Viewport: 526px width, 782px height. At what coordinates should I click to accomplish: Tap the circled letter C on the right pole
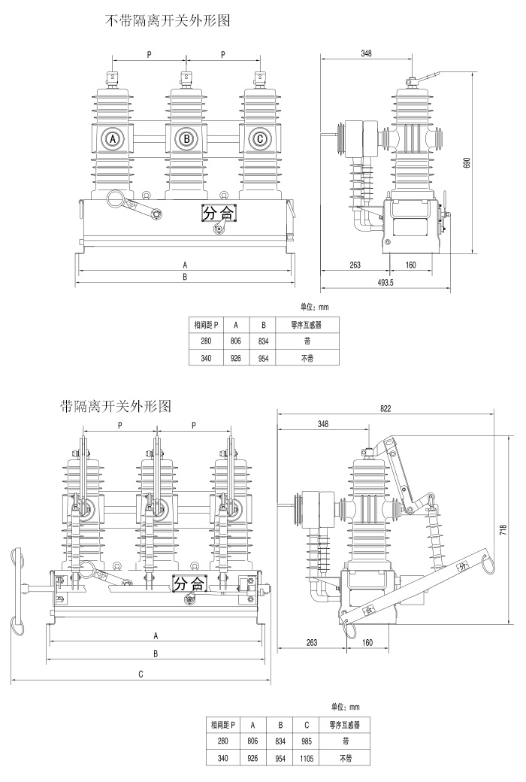259,139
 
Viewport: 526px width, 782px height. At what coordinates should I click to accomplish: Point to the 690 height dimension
466,162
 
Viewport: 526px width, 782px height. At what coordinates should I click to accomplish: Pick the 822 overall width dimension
386,408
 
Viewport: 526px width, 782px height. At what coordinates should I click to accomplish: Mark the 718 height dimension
502,529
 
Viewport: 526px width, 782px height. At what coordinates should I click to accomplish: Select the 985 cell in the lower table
307,741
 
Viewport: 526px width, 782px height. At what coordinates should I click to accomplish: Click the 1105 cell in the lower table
307,758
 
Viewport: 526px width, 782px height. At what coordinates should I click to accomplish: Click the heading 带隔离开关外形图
116,407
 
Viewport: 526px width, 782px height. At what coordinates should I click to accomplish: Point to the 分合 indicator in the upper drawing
218,214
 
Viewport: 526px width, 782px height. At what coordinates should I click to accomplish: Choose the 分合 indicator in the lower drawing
189,583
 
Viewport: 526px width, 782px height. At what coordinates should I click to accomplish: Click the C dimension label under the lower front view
141,674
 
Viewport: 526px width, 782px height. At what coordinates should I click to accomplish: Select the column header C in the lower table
307,725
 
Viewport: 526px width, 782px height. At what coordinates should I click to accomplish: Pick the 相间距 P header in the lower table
223,725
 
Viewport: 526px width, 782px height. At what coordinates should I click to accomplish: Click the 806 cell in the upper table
235,341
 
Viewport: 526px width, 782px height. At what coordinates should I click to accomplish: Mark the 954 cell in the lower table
280,758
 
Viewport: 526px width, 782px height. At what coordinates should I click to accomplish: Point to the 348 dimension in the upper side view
366,53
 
